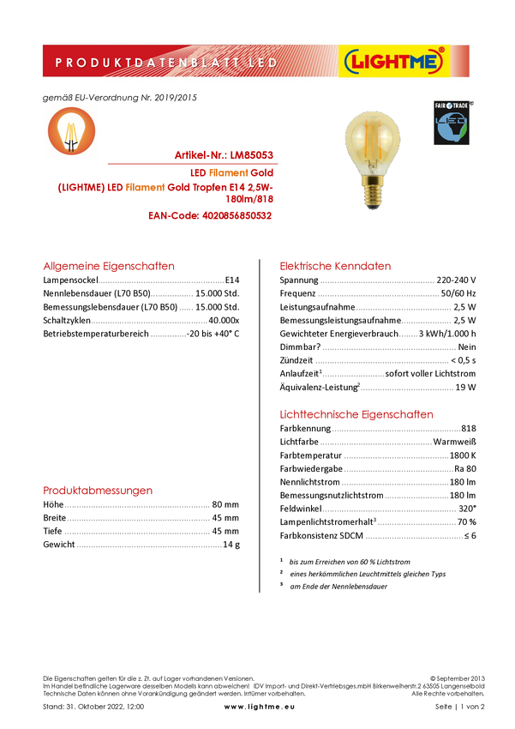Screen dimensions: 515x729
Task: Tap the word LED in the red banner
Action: coord(260,63)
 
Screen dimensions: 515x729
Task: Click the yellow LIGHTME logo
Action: coord(393,61)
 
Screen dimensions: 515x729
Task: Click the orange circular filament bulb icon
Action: coord(71,130)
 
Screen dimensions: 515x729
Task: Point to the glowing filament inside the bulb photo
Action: coord(372,137)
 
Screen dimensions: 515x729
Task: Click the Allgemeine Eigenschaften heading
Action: coord(109,267)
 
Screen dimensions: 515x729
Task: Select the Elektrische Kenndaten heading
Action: coord(336,266)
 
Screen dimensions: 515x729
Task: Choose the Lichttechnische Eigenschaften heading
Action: coord(356,414)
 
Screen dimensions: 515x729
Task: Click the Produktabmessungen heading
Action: coord(99,491)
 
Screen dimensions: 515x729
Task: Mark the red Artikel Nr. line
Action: coord(225,155)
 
